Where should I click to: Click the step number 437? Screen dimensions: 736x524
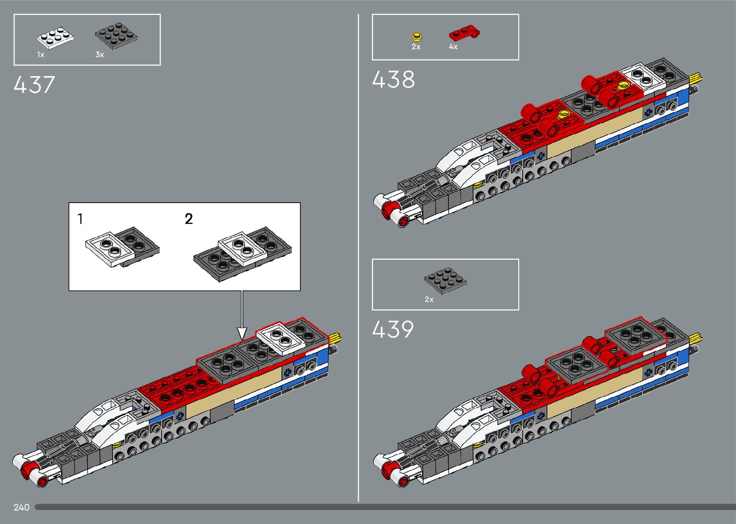[34, 85]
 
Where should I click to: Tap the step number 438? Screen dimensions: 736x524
[393, 79]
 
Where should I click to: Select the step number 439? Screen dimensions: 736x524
[393, 330]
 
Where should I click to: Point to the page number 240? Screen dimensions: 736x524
[22, 507]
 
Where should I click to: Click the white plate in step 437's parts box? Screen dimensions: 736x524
[55, 38]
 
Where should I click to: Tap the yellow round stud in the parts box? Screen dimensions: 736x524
[417, 37]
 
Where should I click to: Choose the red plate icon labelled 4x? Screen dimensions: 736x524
[464, 34]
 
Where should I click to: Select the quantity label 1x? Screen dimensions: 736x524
[40, 55]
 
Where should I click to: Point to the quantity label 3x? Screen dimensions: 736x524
[100, 55]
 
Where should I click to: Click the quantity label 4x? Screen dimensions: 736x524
[453, 47]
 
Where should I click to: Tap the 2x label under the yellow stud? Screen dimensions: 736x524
[416, 47]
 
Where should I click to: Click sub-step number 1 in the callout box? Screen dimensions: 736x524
[80, 219]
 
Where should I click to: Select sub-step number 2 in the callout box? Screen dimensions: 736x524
[189, 219]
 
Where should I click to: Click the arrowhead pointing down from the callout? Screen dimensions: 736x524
[242, 332]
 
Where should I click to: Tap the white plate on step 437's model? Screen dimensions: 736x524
[281, 338]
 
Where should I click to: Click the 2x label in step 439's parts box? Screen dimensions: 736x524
[429, 299]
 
